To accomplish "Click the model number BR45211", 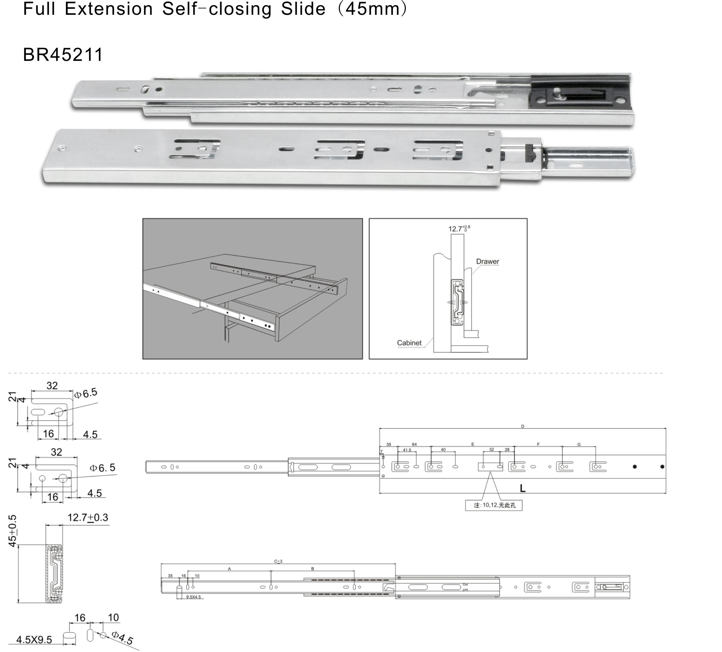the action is tap(63, 55).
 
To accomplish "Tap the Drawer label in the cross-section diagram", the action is tap(487, 262).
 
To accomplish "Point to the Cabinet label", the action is tap(409, 343).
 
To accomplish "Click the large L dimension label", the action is tap(523, 488).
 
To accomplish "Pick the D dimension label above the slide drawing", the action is tap(523, 426).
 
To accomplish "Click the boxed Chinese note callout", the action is tap(493, 505).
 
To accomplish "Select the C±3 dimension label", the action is tap(278, 561).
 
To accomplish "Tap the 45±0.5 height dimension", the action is tap(13, 531).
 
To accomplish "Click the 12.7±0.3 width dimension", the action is tap(88, 517).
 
